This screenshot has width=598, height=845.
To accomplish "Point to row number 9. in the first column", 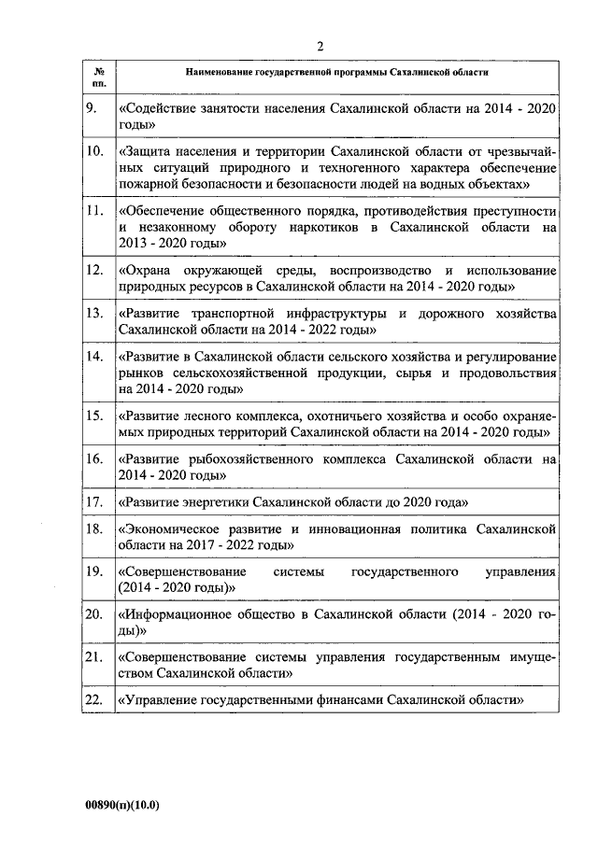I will point(91,109).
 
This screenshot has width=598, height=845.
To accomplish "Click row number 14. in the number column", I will point(93,357).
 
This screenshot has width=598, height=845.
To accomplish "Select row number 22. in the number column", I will point(93,699).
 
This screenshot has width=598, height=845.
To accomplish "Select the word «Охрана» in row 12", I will point(147,270).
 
